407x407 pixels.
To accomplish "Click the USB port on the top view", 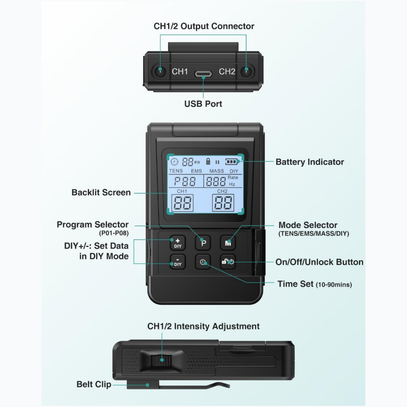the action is click(x=203, y=74).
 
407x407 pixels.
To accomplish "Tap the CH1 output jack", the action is click(x=160, y=71).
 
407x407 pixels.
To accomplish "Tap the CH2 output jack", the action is click(x=246, y=71).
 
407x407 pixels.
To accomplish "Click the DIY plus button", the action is click(x=178, y=243).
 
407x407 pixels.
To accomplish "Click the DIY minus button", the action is click(x=178, y=262).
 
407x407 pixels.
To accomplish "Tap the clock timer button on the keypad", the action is click(x=203, y=262).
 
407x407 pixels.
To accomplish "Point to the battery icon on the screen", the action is click(x=231, y=162).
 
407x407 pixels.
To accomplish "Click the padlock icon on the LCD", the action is click(x=208, y=161).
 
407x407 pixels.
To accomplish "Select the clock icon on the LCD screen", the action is click(x=174, y=162).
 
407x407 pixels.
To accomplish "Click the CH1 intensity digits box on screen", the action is click(x=182, y=203).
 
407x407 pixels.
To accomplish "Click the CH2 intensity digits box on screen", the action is click(x=223, y=203).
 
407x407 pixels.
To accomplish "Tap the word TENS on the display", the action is click(x=176, y=171).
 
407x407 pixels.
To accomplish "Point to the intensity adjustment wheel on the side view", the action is click(x=161, y=360).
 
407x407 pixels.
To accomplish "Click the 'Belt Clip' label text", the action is click(x=94, y=384).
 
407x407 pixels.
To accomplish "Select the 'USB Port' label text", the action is click(x=203, y=104).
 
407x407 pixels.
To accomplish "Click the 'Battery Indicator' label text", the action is click(x=310, y=162).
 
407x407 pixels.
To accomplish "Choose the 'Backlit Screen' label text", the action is click(x=101, y=193).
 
